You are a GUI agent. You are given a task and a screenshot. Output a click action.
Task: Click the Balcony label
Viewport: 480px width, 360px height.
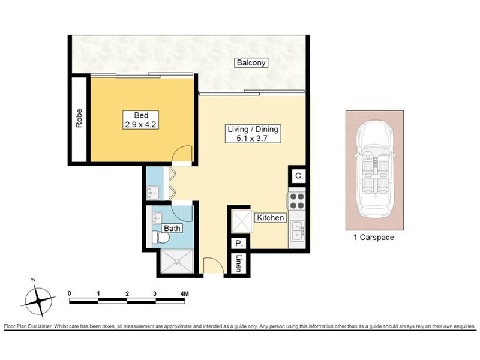pos(251,63)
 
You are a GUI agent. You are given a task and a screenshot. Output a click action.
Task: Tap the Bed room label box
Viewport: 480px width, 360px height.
pos(141,119)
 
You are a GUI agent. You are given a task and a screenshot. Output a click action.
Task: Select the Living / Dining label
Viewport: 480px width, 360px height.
pos(253,133)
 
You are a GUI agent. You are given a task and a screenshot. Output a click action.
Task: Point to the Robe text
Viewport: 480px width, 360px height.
pos(79,118)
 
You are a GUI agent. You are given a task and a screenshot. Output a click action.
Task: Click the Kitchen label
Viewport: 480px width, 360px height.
pos(271,218)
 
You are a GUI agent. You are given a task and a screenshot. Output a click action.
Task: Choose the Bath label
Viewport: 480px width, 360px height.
pos(172,229)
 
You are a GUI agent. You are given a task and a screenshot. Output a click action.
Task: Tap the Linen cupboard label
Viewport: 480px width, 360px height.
pos(239,263)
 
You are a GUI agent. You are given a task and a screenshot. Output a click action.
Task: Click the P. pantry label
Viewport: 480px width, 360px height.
pos(239,244)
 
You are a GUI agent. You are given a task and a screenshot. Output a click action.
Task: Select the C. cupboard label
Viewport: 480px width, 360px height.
pos(299,176)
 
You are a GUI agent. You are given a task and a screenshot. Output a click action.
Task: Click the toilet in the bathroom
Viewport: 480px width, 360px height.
pos(160,238)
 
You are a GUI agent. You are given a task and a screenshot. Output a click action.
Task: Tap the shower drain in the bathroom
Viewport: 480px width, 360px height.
pos(177,262)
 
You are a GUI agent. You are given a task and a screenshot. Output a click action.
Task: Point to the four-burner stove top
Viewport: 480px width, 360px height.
pos(296,200)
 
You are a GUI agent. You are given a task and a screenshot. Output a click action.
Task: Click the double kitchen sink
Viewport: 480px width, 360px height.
pos(296,230)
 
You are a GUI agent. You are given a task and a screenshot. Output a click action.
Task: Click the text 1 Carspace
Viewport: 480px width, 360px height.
pos(374,237)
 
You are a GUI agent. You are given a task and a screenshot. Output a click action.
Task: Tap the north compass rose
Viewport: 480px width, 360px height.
pos(38,298)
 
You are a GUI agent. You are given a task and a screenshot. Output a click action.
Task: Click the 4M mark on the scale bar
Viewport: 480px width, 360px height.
pos(185,294)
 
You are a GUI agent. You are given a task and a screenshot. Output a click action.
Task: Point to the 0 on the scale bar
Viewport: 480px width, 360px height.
pos(70,293)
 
